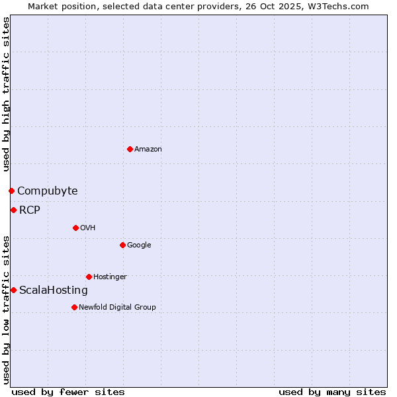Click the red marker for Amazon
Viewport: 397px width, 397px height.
pos(130,149)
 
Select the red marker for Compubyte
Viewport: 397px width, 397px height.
pos(11,191)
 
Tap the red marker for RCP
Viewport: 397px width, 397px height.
pos(13,210)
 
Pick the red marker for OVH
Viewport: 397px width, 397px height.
pos(75,228)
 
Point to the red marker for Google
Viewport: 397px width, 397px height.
pos(122,245)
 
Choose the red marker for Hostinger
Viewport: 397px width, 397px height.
pos(89,277)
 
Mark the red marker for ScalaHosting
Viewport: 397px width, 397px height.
pos(13,290)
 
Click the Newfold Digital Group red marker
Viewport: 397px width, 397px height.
pos(74,307)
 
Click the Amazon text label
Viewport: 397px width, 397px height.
pos(148,150)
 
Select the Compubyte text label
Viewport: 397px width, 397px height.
pos(47,191)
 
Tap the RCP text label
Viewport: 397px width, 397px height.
pos(30,210)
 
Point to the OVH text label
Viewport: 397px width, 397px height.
pos(88,228)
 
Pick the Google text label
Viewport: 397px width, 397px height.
pos(139,245)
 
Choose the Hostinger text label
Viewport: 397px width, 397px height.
pos(110,277)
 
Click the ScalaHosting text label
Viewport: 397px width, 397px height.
pos(54,290)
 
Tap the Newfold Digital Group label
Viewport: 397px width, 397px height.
pos(117,308)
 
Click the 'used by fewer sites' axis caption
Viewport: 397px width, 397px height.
pos(68,392)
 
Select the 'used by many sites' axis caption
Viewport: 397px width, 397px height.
pos(332,392)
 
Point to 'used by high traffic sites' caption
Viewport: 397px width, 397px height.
pos(6,94)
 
